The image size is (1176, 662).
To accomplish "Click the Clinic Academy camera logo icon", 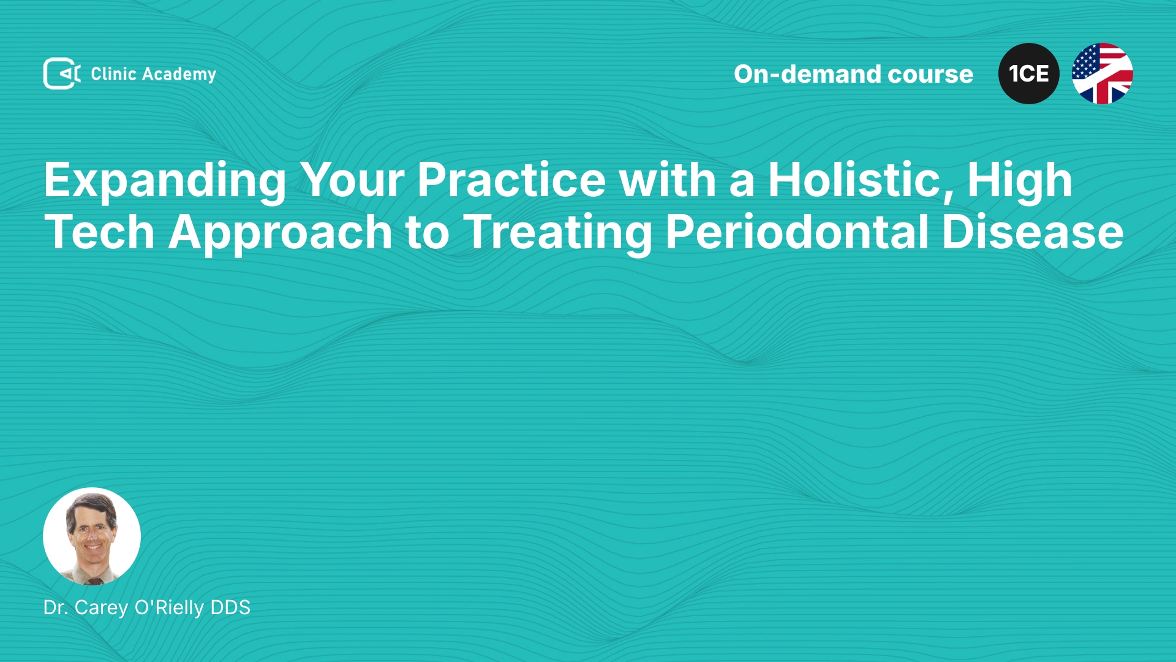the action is coord(62,74).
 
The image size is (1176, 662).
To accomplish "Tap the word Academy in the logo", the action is coord(179,75).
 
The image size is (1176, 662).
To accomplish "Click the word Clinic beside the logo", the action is coord(113,74).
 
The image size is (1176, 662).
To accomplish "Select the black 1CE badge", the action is coord(1029,74).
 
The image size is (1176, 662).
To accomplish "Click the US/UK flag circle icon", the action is coord(1102,74).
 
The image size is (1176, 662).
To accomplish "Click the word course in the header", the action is coord(930,75).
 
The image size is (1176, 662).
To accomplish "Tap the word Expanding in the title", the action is coord(165,181).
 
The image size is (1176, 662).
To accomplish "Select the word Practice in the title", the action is coord(511,180).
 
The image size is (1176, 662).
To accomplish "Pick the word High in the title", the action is coord(1020,181).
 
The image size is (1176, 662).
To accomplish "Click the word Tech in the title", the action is coord(99,232).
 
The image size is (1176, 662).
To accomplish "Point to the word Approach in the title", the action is coord(280,234).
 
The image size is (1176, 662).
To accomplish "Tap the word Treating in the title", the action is coord(557,234).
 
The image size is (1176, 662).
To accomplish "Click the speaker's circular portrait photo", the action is coord(92,536).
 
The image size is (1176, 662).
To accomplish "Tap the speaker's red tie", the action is coord(94,580).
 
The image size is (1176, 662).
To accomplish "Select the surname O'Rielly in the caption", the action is coord(169,607).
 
